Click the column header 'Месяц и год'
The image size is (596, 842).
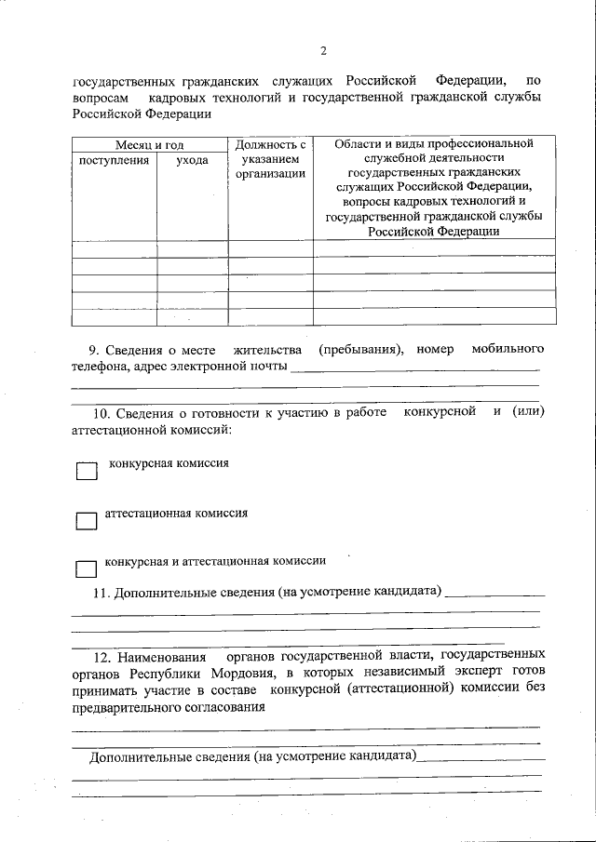point(150,145)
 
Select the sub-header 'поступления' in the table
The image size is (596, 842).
point(114,160)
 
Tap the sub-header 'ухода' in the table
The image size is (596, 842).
point(192,160)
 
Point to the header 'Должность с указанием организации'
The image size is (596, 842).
point(270,159)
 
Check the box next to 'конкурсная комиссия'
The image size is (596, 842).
point(86,472)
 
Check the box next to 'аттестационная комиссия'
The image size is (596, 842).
point(86,521)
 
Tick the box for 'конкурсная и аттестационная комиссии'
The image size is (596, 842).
point(86,568)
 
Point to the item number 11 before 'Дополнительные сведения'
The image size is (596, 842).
point(102,593)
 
